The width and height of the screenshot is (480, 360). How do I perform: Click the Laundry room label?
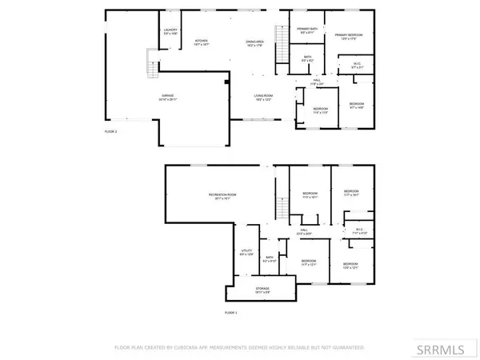click(170, 31)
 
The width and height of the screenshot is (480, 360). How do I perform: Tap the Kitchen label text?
click(202, 44)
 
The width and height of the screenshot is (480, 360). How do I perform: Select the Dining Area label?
click(255, 43)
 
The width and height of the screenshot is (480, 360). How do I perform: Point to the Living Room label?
click(265, 97)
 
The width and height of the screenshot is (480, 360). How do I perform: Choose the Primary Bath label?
click(306, 31)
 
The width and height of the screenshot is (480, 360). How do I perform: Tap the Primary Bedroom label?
click(350, 36)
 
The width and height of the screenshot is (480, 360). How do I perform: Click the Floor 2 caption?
click(111, 130)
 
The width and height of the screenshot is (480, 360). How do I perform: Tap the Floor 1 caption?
click(231, 313)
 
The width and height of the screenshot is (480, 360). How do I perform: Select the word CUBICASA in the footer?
click(202, 348)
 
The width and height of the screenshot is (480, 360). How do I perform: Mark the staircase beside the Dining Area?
click(281, 38)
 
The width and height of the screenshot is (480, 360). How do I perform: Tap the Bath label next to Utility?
click(270, 259)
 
